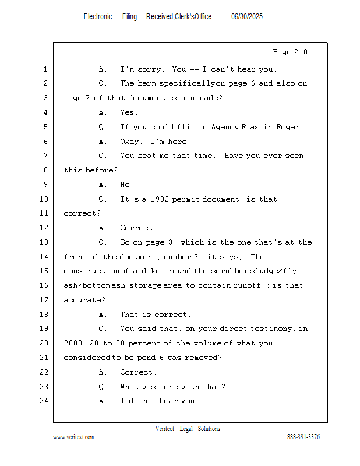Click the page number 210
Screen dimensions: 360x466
pyautogui.click(x=301, y=52)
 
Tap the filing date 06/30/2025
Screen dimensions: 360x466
pyautogui.click(x=247, y=17)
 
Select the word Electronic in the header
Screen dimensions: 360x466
pyautogui.click(x=98, y=17)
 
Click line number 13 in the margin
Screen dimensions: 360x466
pyautogui.click(x=44, y=242)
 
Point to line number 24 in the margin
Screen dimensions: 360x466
pyautogui.click(x=44, y=401)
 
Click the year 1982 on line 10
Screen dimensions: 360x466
pyautogui.click(x=160, y=199)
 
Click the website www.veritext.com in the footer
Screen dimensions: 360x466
pyautogui.click(x=73, y=437)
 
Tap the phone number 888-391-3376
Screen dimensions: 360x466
pyautogui.click(x=303, y=436)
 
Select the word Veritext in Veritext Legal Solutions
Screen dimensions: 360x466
pyautogui.click(x=165, y=429)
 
